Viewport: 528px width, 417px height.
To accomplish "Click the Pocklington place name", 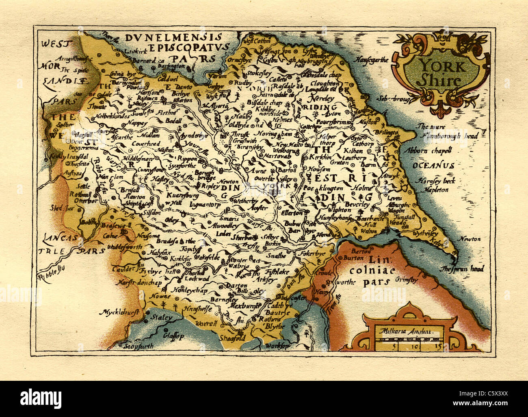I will pos(322,189).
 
